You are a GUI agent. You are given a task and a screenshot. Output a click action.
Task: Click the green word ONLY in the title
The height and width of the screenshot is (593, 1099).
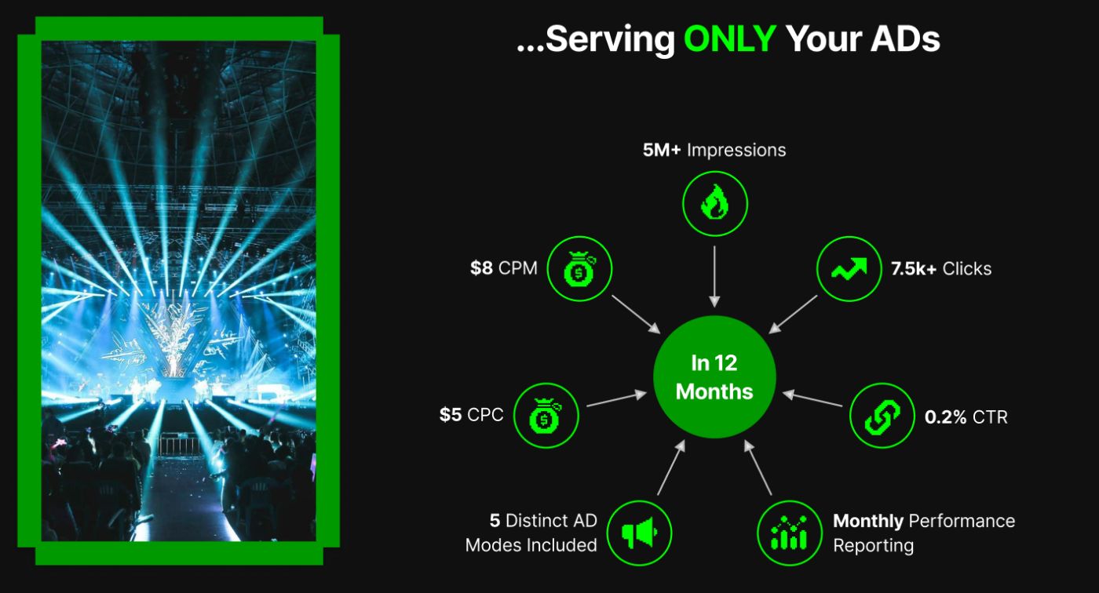pyautogui.click(x=729, y=38)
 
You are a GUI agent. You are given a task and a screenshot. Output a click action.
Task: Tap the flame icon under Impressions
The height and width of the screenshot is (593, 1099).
pyautogui.click(x=715, y=203)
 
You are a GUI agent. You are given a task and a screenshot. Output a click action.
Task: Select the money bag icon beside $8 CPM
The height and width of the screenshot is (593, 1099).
pyautogui.click(x=579, y=268)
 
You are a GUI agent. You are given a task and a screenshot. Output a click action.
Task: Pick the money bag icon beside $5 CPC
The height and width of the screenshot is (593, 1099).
pyautogui.click(x=546, y=416)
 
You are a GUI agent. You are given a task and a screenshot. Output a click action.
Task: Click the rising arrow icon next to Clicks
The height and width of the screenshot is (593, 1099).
pyautogui.click(x=849, y=268)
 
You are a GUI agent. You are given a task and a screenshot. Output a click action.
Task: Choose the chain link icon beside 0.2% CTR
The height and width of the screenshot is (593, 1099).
pyautogui.click(x=882, y=416)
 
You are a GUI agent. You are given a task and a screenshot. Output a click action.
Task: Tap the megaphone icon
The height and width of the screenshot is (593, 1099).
pyautogui.click(x=639, y=533)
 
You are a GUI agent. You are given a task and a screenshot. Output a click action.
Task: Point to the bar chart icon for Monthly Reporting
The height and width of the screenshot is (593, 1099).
pyautogui.click(x=790, y=533)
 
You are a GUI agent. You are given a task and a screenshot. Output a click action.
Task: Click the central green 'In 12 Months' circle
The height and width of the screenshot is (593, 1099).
pyautogui.click(x=714, y=377)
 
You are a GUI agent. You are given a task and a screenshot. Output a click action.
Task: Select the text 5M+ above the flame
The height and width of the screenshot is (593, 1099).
pyautogui.click(x=661, y=150)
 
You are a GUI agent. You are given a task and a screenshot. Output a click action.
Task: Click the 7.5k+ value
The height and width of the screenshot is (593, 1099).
pyautogui.click(x=914, y=268)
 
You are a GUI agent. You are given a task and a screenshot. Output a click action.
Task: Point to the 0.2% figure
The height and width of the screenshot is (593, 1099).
pyautogui.click(x=945, y=417)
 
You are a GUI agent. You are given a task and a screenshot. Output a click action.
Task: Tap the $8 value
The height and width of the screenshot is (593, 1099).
pyautogui.click(x=481, y=268)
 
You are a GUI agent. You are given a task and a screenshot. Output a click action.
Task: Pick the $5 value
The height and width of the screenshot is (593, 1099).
pyautogui.click(x=451, y=415)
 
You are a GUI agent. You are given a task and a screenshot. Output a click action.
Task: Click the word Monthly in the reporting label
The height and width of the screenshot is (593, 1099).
pyautogui.click(x=868, y=522)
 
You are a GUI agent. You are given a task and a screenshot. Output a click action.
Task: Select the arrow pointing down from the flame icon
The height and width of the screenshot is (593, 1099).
pyautogui.click(x=714, y=277)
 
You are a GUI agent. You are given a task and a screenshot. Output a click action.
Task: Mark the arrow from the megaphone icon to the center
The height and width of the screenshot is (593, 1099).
pyautogui.click(x=671, y=467)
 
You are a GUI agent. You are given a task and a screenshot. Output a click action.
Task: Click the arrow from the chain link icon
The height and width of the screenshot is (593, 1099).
pyautogui.click(x=812, y=398)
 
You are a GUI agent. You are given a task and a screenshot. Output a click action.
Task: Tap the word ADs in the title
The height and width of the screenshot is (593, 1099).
pyautogui.click(x=905, y=38)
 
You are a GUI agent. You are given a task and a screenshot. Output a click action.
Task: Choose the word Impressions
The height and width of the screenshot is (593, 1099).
pyautogui.click(x=736, y=151)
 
